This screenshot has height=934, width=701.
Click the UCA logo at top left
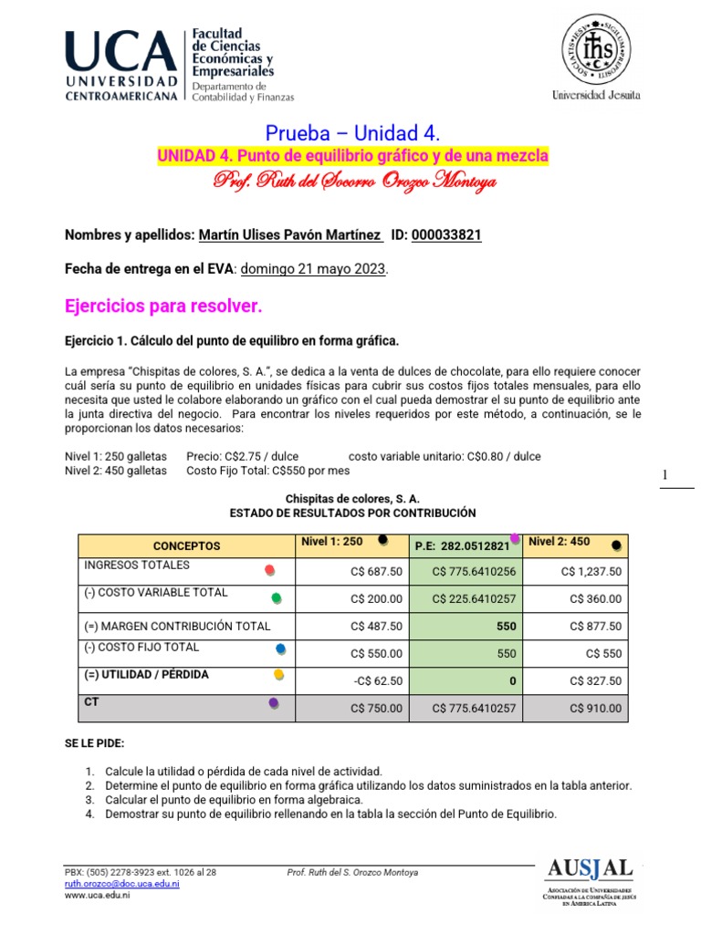coord(120,67)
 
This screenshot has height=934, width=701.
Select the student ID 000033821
coord(446,235)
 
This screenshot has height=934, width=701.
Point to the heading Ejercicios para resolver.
coord(163,307)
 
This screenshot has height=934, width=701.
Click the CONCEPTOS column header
coord(186,545)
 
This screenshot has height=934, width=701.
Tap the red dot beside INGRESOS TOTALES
coord(268,570)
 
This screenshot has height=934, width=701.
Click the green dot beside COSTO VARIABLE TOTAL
coord(277,598)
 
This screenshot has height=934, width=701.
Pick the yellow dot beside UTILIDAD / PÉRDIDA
coord(278,675)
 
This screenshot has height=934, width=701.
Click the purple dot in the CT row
coord(273,703)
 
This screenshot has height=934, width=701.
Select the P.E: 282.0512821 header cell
coord(462,545)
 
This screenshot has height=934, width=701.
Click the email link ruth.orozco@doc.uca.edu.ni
coord(121,884)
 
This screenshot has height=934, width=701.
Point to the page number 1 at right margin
coord(665,475)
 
